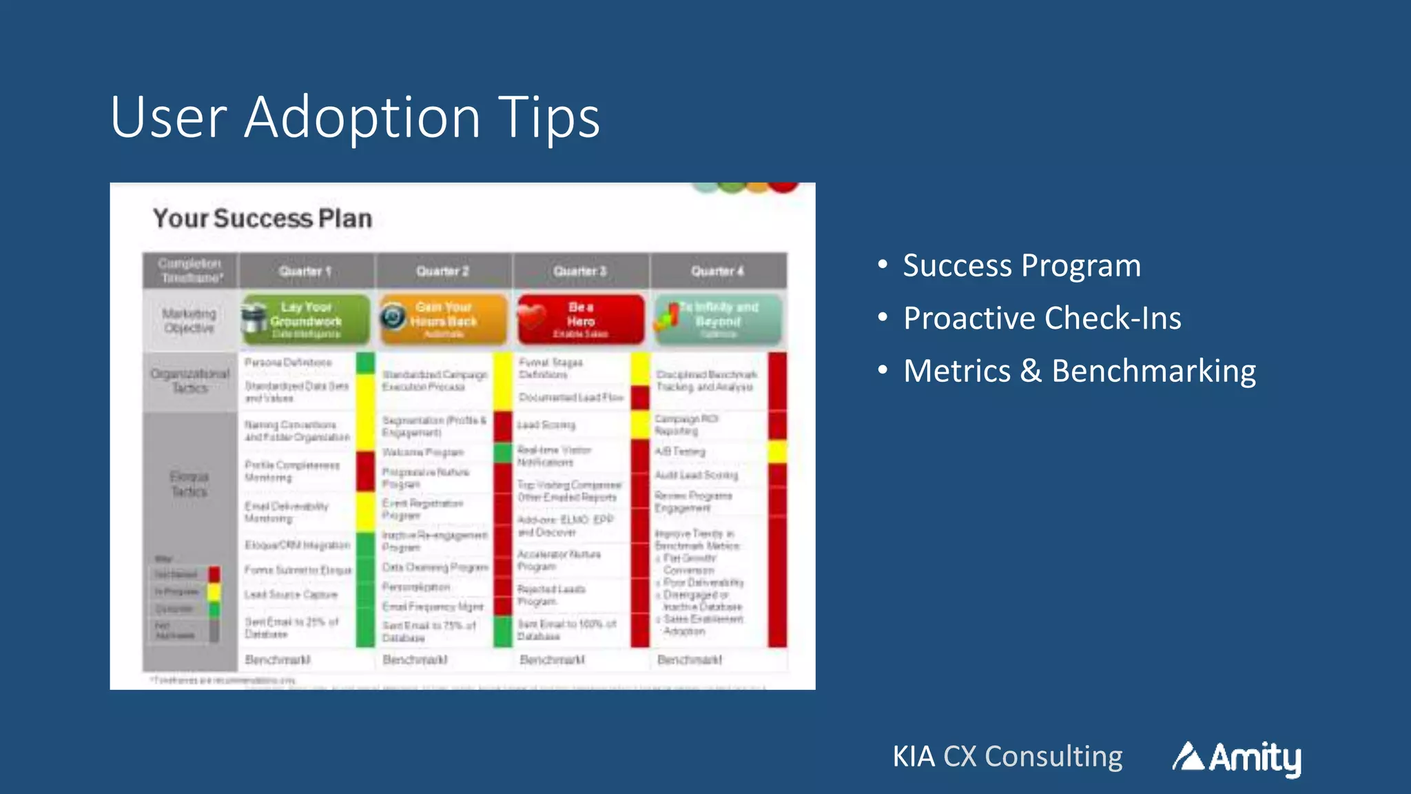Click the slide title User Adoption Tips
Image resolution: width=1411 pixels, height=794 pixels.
pos(355,117)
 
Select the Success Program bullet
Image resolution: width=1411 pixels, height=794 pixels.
pos(1021,266)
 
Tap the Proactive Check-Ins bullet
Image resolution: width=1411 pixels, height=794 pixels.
pos(1042,318)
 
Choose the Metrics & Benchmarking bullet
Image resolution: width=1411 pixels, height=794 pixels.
pos(1079,371)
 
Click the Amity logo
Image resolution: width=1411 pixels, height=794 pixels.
pos(1237,757)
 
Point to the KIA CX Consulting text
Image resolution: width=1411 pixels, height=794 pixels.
pos(1007,757)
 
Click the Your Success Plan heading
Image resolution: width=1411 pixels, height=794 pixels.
pos(262,218)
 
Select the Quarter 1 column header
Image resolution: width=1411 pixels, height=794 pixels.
pos(306,271)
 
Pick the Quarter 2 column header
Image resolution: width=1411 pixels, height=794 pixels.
pos(442,271)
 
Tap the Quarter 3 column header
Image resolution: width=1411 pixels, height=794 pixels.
pos(580,271)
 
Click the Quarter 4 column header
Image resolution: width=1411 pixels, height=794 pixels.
pos(717,271)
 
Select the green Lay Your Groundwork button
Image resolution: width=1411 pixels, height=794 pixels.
pos(306,320)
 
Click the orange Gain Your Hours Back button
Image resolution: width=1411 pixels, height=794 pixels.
pos(443,320)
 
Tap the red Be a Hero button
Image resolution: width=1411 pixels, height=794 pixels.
pos(581,320)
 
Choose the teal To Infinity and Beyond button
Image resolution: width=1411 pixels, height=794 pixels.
pos(718,320)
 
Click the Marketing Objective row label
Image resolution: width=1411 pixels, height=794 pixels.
pos(189,320)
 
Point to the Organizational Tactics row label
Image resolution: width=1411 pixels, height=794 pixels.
pos(189,381)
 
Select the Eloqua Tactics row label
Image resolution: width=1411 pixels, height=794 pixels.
pos(189,484)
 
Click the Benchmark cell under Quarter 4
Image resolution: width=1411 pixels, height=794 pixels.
pos(690,660)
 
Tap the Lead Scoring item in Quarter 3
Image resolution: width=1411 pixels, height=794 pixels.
pos(546,425)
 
